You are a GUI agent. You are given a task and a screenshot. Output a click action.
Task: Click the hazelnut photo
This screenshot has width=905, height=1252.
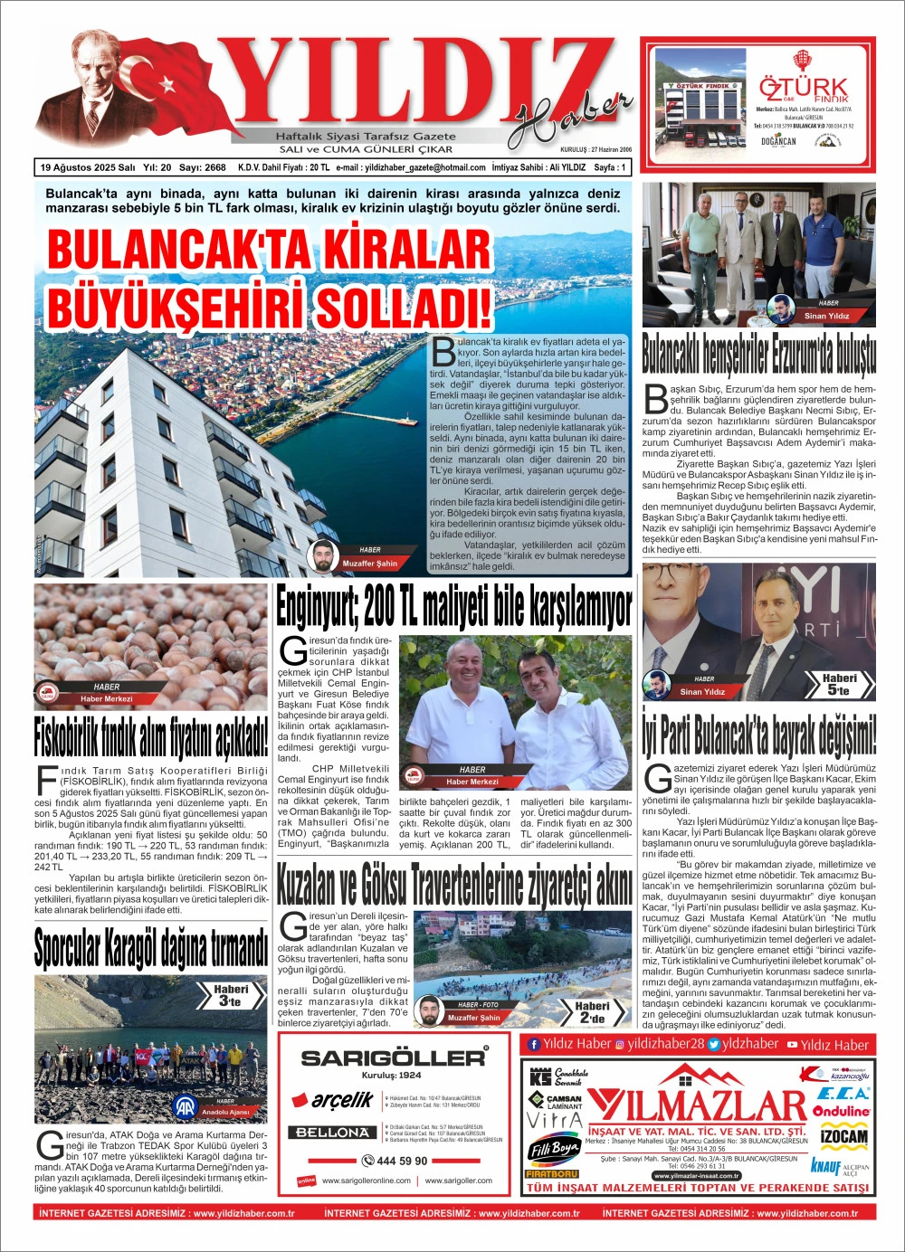pos(150,646)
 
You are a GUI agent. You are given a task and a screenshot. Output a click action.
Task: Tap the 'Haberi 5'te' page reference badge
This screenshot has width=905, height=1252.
pos(839,684)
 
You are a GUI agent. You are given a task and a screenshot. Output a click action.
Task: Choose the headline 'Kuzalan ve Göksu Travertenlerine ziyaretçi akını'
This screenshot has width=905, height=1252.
pos(453,886)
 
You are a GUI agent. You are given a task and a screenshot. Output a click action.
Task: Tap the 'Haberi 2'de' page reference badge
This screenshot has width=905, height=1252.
pos(592,1012)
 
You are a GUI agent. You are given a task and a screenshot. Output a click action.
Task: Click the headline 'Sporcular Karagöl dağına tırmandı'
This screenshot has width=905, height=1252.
pos(151,947)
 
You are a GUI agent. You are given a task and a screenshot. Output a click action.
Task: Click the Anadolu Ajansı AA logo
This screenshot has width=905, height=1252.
pos(186,1107)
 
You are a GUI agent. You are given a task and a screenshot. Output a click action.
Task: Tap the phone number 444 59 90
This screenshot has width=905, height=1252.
pos(395,1161)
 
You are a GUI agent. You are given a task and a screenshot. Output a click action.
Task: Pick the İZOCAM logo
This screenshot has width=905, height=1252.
pos(843,1137)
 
